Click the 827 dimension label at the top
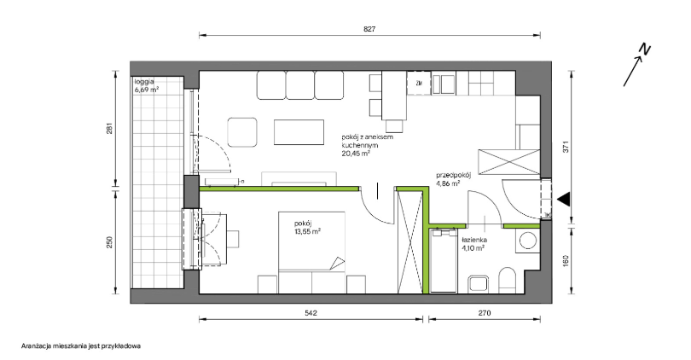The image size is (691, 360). [369, 29]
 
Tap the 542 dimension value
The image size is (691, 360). [311, 313]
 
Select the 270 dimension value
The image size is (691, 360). [485, 313]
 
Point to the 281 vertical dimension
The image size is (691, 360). [110, 128]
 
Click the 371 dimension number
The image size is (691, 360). [566, 146]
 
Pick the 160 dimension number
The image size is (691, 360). [566, 261]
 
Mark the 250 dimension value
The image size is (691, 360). [110, 242]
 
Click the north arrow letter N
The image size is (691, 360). [645, 49]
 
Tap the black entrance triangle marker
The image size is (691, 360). [563, 199]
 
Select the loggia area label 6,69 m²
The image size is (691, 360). [147, 90]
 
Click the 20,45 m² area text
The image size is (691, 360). [356, 154]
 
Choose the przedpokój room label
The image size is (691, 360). [454, 175]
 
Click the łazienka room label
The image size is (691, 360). [474, 241]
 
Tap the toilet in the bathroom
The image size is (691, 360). [508, 281]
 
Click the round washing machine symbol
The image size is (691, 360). [527, 241]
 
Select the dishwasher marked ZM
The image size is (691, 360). [418, 83]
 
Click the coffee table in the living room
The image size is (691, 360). [299, 132]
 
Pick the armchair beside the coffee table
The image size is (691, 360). [242, 132]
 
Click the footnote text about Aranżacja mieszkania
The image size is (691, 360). [81, 346]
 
